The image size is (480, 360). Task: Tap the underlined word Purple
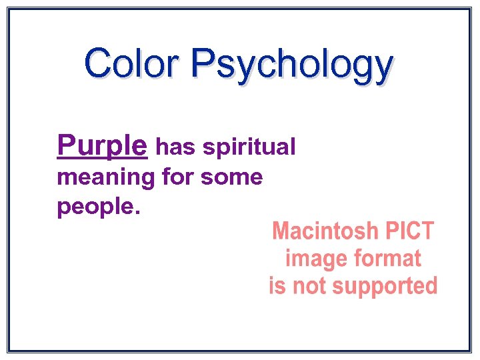click(102, 145)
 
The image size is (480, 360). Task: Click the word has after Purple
click(177, 147)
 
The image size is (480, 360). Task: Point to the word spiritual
click(249, 148)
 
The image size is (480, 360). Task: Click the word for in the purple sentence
click(179, 177)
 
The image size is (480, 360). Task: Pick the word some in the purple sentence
click(231, 177)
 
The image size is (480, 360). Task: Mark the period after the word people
click(137, 213)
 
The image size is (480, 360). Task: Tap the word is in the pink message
click(276, 285)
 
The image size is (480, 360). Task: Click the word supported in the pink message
click(385, 287)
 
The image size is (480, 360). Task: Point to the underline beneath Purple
click(102, 158)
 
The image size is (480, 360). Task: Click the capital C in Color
click(97, 64)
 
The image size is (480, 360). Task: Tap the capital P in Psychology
click(203, 64)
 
